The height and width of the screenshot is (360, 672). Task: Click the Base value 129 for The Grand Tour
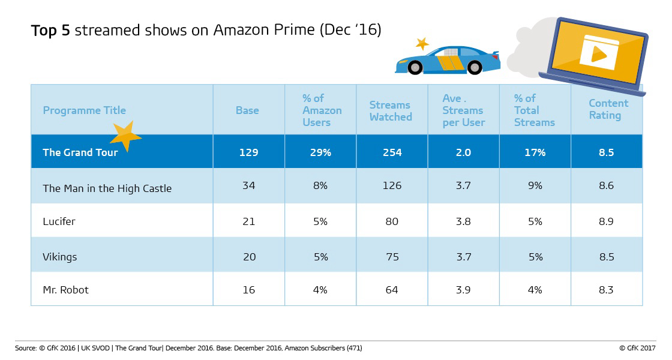click(x=248, y=152)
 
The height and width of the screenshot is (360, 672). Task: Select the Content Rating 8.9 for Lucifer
click(x=606, y=221)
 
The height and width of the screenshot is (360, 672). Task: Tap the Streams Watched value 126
click(x=391, y=186)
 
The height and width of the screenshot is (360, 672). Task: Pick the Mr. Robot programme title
click(x=65, y=290)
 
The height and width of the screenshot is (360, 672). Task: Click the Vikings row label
click(x=60, y=257)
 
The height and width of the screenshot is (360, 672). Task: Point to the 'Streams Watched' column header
click(x=391, y=110)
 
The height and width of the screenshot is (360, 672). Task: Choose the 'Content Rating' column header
click(x=608, y=109)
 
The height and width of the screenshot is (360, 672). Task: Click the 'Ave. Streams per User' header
click(x=463, y=110)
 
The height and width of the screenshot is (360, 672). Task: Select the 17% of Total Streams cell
click(x=534, y=152)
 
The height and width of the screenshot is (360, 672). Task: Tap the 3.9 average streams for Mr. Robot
click(x=463, y=290)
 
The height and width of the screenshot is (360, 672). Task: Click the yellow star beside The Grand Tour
click(x=125, y=137)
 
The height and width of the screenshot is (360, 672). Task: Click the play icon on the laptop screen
click(x=598, y=53)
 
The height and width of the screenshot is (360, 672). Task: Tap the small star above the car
click(x=422, y=43)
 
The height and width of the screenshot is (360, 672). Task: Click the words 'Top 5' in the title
click(x=51, y=31)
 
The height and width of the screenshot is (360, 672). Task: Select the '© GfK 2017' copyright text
click(x=638, y=348)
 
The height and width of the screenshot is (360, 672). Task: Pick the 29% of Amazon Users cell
click(x=320, y=152)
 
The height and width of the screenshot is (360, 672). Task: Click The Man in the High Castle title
click(x=107, y=188)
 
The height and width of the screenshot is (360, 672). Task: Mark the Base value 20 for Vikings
click(x=248, y=257)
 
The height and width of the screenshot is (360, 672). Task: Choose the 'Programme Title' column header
click(x=84, y=110)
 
